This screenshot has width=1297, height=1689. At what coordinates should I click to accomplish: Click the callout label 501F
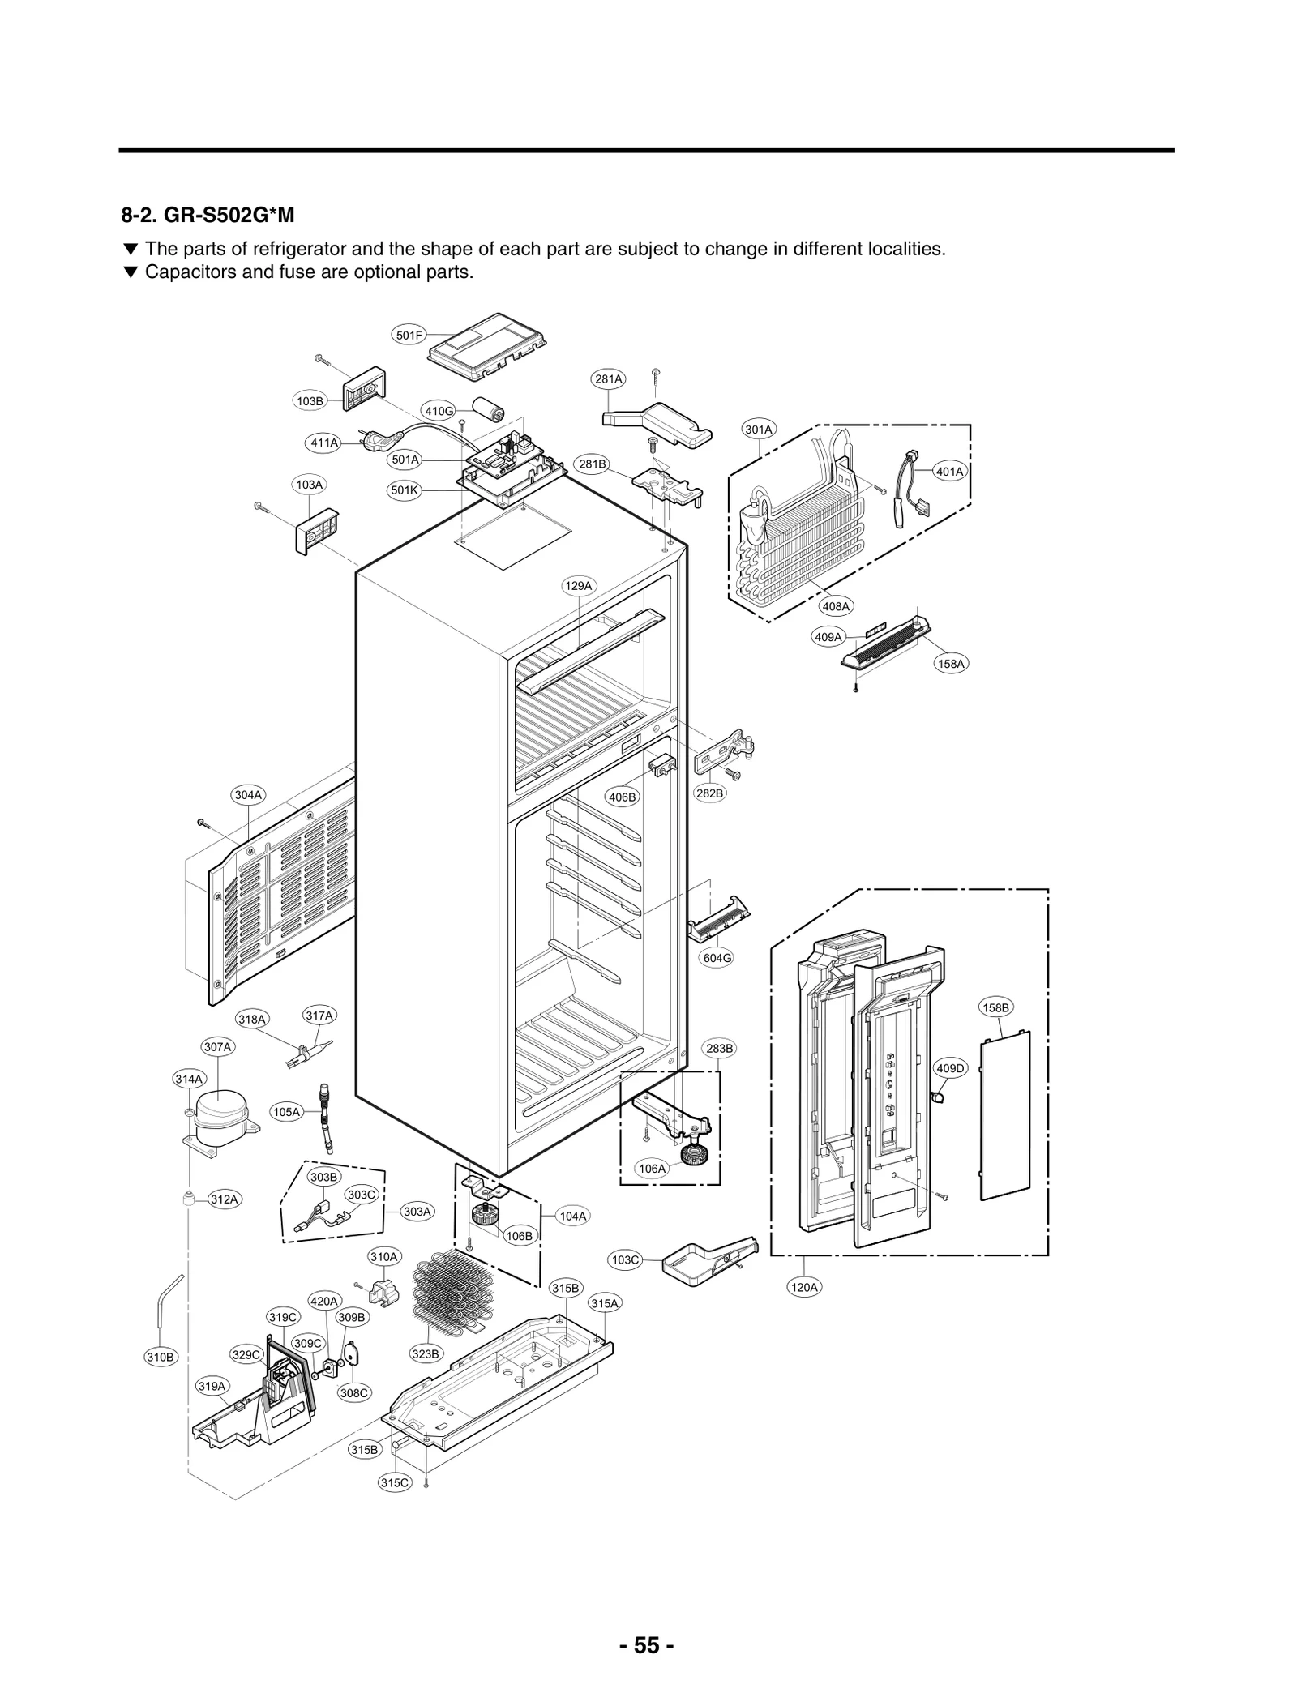[409, 335]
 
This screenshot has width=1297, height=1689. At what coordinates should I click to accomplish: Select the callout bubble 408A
[836, 606]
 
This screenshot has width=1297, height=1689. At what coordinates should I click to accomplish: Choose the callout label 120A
[804, 1287]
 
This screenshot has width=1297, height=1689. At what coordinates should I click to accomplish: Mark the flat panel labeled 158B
[1005, 1114]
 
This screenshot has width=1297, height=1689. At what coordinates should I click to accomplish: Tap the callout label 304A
[249, 795]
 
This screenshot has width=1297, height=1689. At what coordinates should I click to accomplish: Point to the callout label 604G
[717, 957]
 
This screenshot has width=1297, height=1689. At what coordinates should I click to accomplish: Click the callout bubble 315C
[395, 1482]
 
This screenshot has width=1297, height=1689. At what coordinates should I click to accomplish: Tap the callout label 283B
[719, 1049]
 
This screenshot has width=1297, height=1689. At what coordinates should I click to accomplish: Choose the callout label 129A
[579, 585]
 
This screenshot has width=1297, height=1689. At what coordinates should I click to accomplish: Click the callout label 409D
[950, 1068]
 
